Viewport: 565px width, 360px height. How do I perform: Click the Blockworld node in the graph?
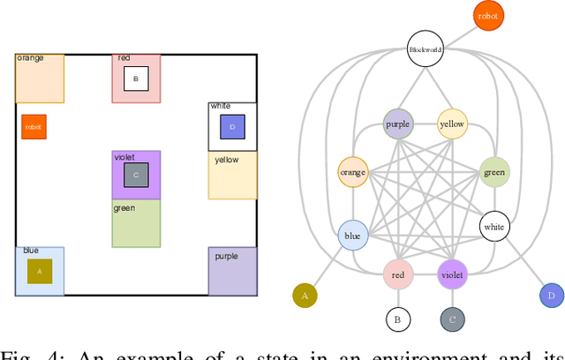tap(425, 50)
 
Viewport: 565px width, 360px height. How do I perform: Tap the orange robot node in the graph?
tap(486, 16)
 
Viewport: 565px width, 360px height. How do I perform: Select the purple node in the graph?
tap(398, 124)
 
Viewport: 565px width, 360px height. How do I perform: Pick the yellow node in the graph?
tap(452, 124)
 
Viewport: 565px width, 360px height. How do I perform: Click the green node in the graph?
tap(494, 172)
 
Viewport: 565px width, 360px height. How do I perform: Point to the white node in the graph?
tap(494, 227)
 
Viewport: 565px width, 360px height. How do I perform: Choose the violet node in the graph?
tap(452, 274)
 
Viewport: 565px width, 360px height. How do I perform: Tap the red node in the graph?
tap(398, 274)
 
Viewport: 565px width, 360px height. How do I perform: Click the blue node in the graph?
tap(353, 236)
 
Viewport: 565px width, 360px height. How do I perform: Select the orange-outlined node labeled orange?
tap(353, 172)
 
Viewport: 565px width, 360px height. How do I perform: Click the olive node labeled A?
tap(305, 296)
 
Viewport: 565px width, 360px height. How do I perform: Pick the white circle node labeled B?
tap(398, 319)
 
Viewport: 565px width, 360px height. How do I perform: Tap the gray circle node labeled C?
tap(452, 319)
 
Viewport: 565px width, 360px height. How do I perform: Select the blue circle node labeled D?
tap(552, 296)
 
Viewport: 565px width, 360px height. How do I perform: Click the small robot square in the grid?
tap(34, 126)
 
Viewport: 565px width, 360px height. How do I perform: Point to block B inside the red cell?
tap(135, 79)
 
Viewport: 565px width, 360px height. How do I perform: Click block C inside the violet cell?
tap(135, 175)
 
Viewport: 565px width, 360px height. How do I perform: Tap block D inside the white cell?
tap(232, 127)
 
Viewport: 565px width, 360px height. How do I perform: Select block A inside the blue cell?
tap(39, 271)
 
